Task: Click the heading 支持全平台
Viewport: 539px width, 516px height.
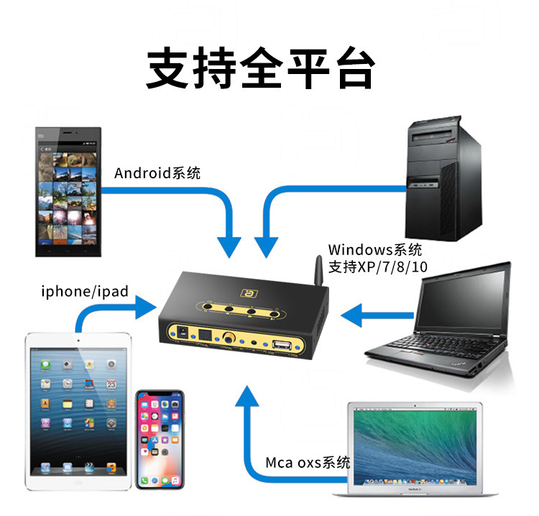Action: (x=261, y=68)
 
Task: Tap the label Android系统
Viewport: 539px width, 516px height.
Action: (x=157, y=173)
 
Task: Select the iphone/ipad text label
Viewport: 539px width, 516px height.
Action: (x=85, y=292)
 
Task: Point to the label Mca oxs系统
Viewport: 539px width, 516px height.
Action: (x=308, y=462)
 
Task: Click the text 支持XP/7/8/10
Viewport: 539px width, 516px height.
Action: (x=377, y=266)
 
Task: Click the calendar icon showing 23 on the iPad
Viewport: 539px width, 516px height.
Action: (x=112, y=384)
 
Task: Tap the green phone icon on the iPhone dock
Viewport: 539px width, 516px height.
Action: (x=146, y=479)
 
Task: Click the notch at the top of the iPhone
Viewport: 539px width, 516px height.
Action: (x=160, y=395)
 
